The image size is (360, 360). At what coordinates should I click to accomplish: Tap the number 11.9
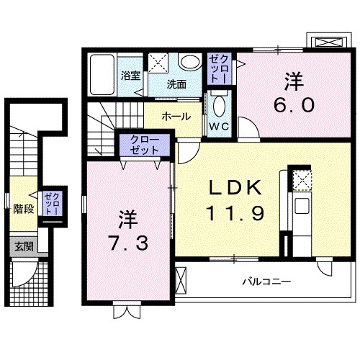pos(230,213)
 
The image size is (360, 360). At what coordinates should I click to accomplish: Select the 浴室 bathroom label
pos(130,74)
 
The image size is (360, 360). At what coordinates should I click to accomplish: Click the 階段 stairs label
pos(24,210)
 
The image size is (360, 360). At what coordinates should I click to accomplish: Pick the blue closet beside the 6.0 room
pos(218,68)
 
